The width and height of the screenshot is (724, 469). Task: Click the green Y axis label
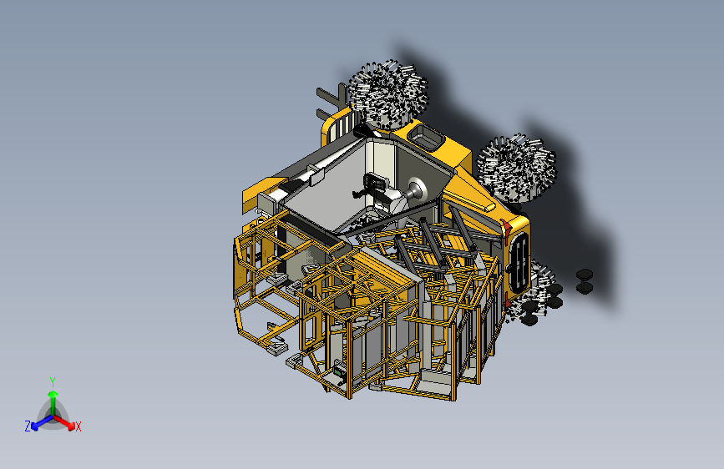click(53, 382)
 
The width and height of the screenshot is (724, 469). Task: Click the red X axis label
click(78, 427)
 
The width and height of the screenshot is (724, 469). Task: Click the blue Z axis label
click(28, 426)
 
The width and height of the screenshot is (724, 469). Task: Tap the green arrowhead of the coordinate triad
click(53, 394)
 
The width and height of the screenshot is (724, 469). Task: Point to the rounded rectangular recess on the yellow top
click(425, 136)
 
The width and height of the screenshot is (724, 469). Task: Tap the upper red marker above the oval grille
click(506, 227)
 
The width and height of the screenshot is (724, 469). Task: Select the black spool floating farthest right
click(585, 281)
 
